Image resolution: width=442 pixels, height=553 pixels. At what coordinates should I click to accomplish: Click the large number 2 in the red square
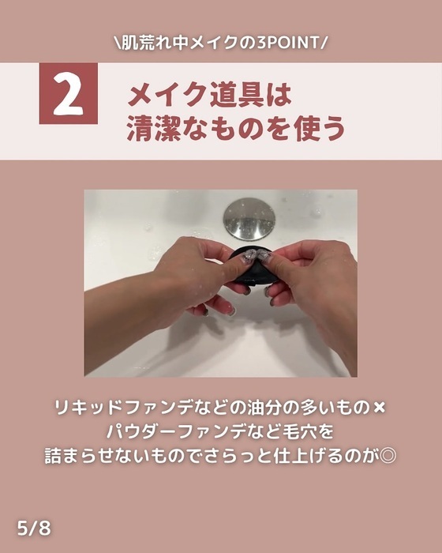69,94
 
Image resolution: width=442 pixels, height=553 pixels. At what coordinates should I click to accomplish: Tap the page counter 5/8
34,527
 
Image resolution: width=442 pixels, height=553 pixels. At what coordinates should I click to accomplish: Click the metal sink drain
249,219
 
